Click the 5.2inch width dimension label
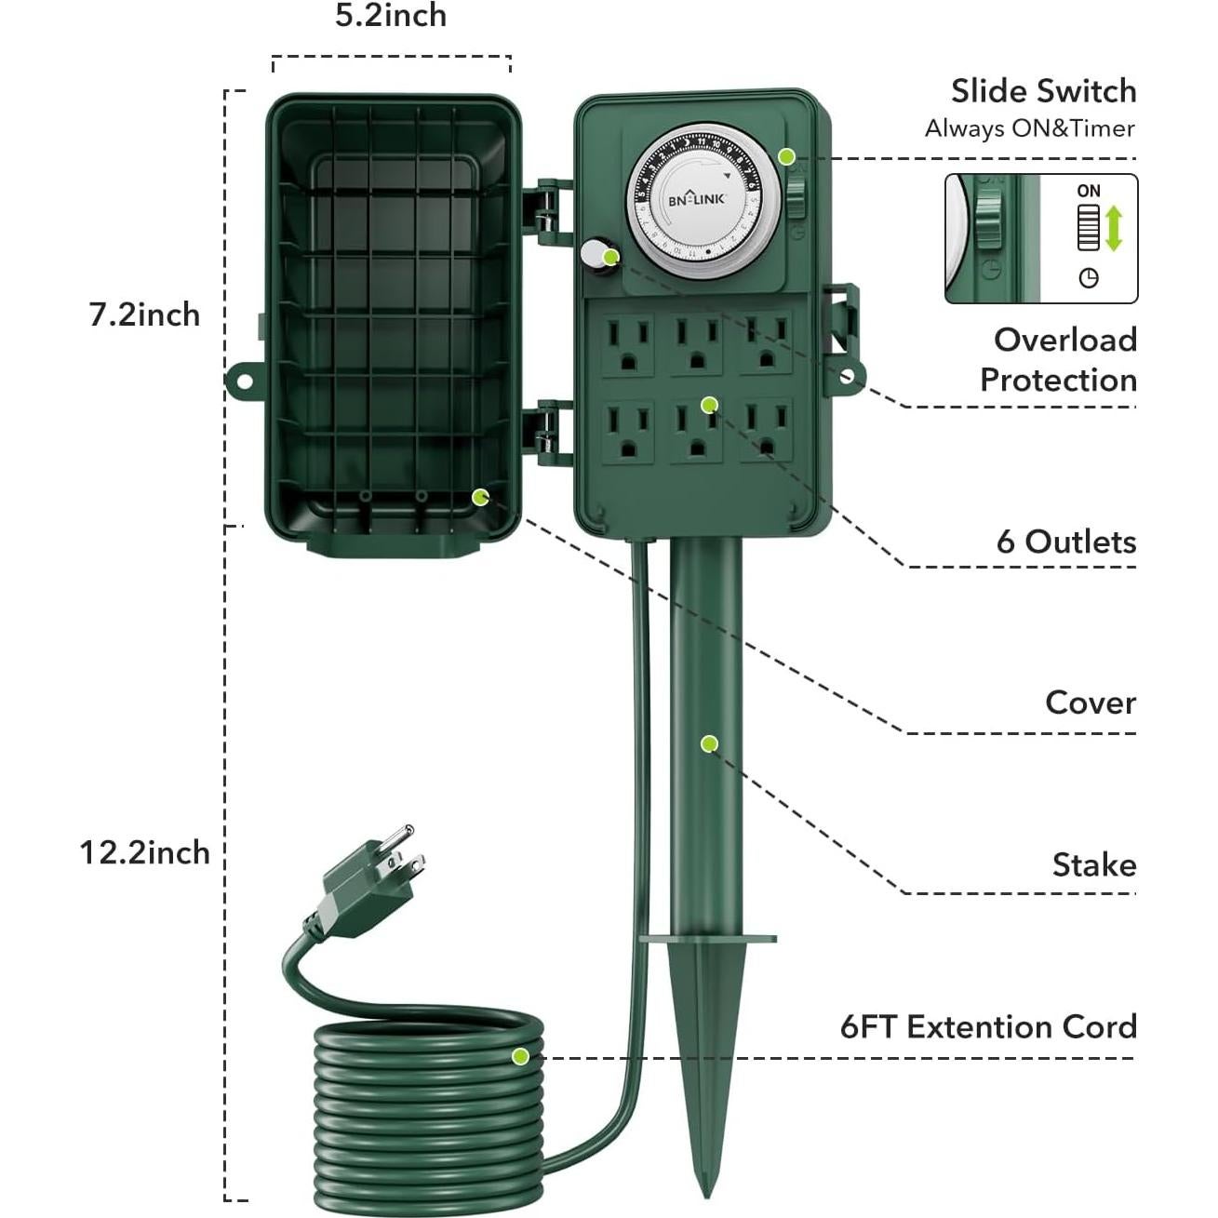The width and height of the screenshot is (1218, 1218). pos(391,17)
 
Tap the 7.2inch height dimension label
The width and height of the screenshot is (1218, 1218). pos(144,315)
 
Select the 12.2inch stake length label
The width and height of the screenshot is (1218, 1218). pos(144,852)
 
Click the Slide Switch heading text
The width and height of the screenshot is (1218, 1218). pos(1043,91)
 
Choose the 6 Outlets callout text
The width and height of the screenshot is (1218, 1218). pos(1066,542)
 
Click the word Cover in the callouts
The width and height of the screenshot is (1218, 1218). pos(1091,703)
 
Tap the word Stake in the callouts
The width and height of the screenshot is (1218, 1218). pos(1094,865)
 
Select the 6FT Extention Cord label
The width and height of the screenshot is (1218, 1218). pos(988,1027)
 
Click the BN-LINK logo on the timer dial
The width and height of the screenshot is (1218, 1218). pos(695,198)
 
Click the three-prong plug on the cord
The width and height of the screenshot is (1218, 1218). pos(372,875)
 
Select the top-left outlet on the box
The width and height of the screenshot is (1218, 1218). pos(627,344)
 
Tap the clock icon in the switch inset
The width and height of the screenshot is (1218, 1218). pos(1089,277)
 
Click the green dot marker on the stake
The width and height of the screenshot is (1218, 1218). pos(709,743)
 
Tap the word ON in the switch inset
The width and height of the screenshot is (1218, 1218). pos(1089,191)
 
